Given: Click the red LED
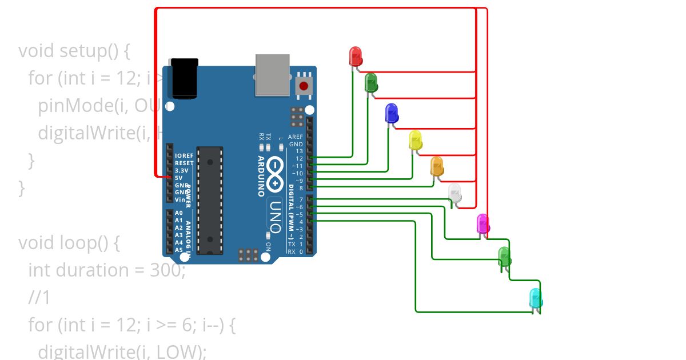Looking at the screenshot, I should coord(355,56).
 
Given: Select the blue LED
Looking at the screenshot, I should coord(392,113).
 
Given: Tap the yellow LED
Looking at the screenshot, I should coord(416,139).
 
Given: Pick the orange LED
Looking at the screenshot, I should coord(437,166).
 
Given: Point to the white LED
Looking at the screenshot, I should coord(455,193).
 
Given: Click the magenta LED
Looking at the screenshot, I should coord(483,223).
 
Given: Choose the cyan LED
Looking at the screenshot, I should coord(536,298).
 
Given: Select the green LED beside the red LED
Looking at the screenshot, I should coord(371,83).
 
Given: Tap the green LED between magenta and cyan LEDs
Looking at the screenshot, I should coord(504,256).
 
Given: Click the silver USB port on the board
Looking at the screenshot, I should coord(273,74).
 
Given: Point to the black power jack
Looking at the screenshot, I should coord(184,78).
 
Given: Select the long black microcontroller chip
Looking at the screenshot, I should coord(209,200).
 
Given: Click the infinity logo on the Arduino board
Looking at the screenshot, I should coord(276,174).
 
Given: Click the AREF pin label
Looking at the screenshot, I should coord(295,137).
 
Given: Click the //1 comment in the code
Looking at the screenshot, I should coord(39,297).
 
